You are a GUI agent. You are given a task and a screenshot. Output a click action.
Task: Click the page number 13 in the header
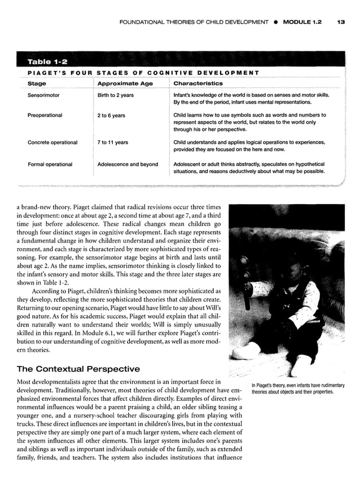click(x=340, y=22)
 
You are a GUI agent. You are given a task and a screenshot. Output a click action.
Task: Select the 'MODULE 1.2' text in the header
click(x=302, y=22)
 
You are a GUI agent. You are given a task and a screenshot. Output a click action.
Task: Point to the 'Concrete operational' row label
click(x=52, y=143)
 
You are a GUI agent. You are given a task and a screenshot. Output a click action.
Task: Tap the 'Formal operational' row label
click(x=50, y=164)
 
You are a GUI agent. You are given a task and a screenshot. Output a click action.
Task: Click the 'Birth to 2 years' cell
click(x=116, y=95)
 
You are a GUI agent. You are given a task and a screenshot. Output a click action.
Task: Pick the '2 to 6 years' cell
click(x=111, y=116)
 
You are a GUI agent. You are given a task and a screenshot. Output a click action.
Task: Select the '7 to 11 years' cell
click(x=113, y=143)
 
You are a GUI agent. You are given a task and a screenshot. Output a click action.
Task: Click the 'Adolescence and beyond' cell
click(x=128, y=164)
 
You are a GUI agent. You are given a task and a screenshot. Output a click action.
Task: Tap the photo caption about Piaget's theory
click(x=298, y=389)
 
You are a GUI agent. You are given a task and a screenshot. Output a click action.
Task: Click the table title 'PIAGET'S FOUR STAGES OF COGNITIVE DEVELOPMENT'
click(x=143, y=73)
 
